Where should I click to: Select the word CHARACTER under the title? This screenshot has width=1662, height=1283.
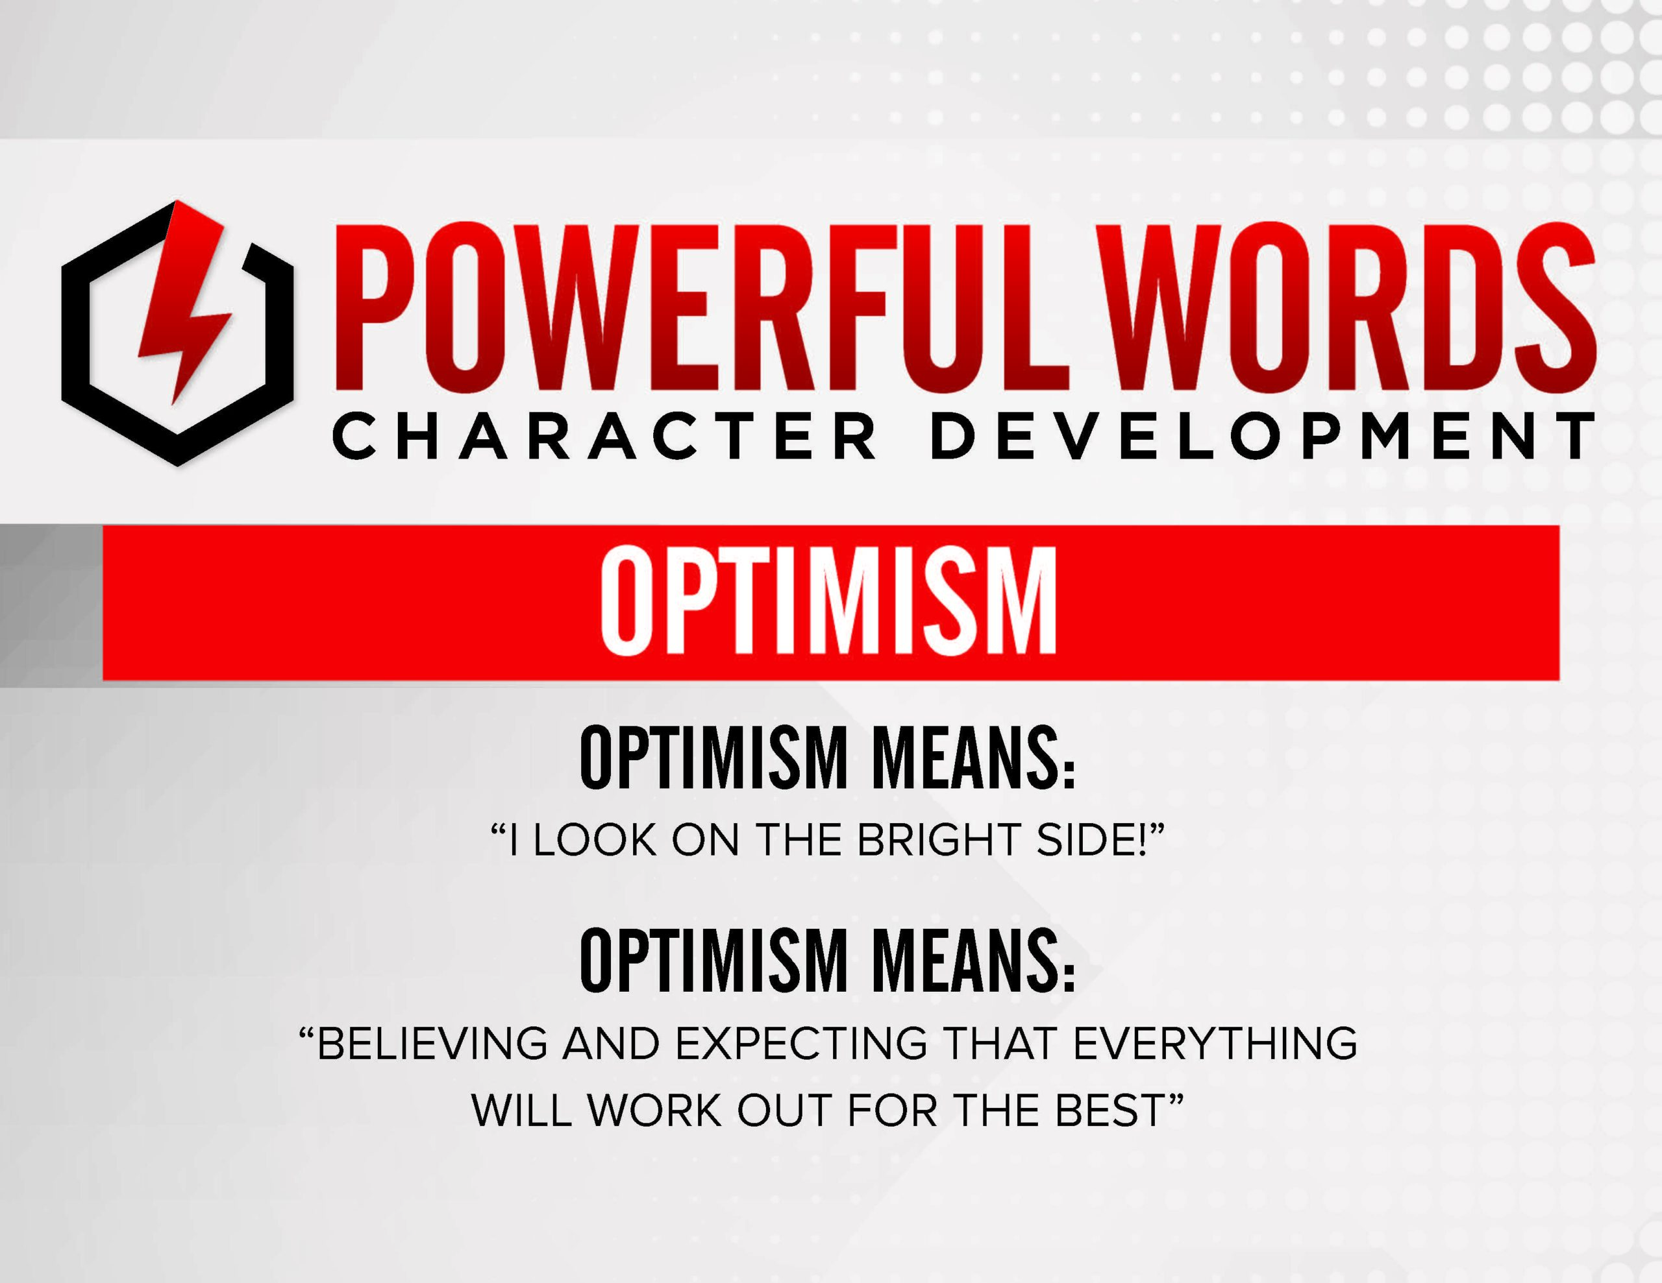tap(605, 437)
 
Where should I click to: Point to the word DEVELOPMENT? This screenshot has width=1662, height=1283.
tap(1263, 437)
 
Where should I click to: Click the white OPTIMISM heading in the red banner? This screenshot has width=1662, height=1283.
tap(827, 601)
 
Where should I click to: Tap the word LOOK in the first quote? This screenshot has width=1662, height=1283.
tap(594, 841)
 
